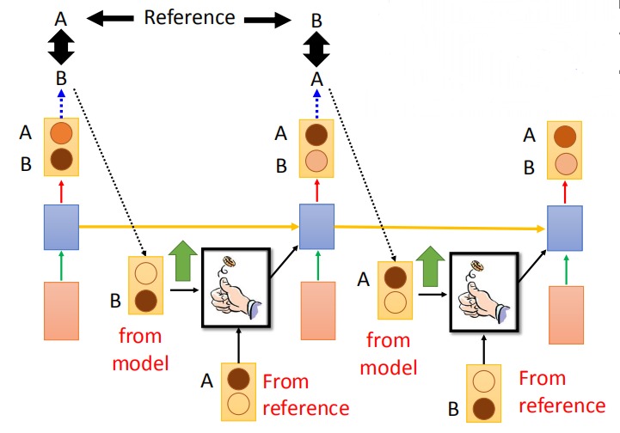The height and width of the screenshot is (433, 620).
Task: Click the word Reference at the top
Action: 189,17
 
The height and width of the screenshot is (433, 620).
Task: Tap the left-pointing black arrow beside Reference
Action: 110,18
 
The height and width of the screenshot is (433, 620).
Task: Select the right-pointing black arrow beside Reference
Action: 267,20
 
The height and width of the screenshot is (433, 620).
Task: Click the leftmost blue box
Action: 61,227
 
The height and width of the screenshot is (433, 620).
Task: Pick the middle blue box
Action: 316,226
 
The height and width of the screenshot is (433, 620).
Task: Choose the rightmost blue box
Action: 565,229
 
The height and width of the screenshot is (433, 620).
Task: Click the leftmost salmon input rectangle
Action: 61,311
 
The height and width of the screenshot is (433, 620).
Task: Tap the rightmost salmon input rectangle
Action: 566,315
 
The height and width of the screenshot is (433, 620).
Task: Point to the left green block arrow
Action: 182,261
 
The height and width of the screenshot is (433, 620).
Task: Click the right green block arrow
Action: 431,266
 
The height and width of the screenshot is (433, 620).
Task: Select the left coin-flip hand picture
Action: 236,288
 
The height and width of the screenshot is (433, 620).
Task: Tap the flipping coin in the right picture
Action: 477,266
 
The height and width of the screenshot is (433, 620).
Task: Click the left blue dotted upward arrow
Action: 61,104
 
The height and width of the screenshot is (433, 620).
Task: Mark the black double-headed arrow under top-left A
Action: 61,47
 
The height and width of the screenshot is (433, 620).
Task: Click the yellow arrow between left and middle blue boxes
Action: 189,227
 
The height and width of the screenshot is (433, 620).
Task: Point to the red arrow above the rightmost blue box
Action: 565,193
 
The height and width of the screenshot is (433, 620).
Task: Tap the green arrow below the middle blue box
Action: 318,265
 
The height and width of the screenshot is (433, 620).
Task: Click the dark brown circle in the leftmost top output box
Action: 61,159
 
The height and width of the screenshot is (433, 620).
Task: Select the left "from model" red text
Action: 140,350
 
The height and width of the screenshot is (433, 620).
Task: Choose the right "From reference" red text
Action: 562,392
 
